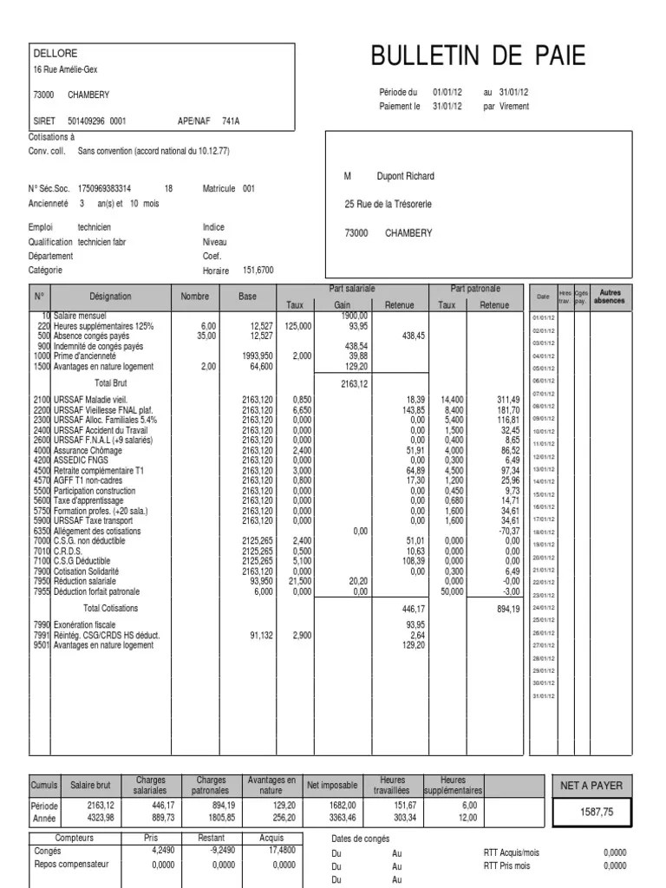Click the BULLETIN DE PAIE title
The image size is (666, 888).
point(478,56)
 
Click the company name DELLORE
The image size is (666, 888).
point(55,53)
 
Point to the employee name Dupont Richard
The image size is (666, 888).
point(405,176)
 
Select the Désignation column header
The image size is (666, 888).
point(110,297)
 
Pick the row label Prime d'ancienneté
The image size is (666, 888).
point(86,356)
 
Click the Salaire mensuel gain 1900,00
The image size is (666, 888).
point(355,316)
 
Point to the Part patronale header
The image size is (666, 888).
point(475,288)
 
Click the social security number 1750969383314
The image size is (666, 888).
point(105,188)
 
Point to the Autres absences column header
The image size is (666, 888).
point(610,297)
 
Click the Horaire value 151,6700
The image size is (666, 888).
point(258,271)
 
